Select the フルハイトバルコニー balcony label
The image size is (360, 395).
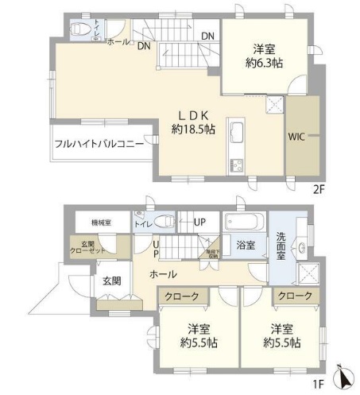[x=99, y=145]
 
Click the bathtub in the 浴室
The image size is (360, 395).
[x=246, y=220]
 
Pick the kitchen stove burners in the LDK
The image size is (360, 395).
[x=238, y=165]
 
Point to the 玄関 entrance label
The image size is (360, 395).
[x=112, y=281]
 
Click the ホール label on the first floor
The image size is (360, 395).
[x=163, y=274]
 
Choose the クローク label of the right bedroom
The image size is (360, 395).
[x=295, y=296]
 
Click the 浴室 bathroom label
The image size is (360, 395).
[x=246, y=246]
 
